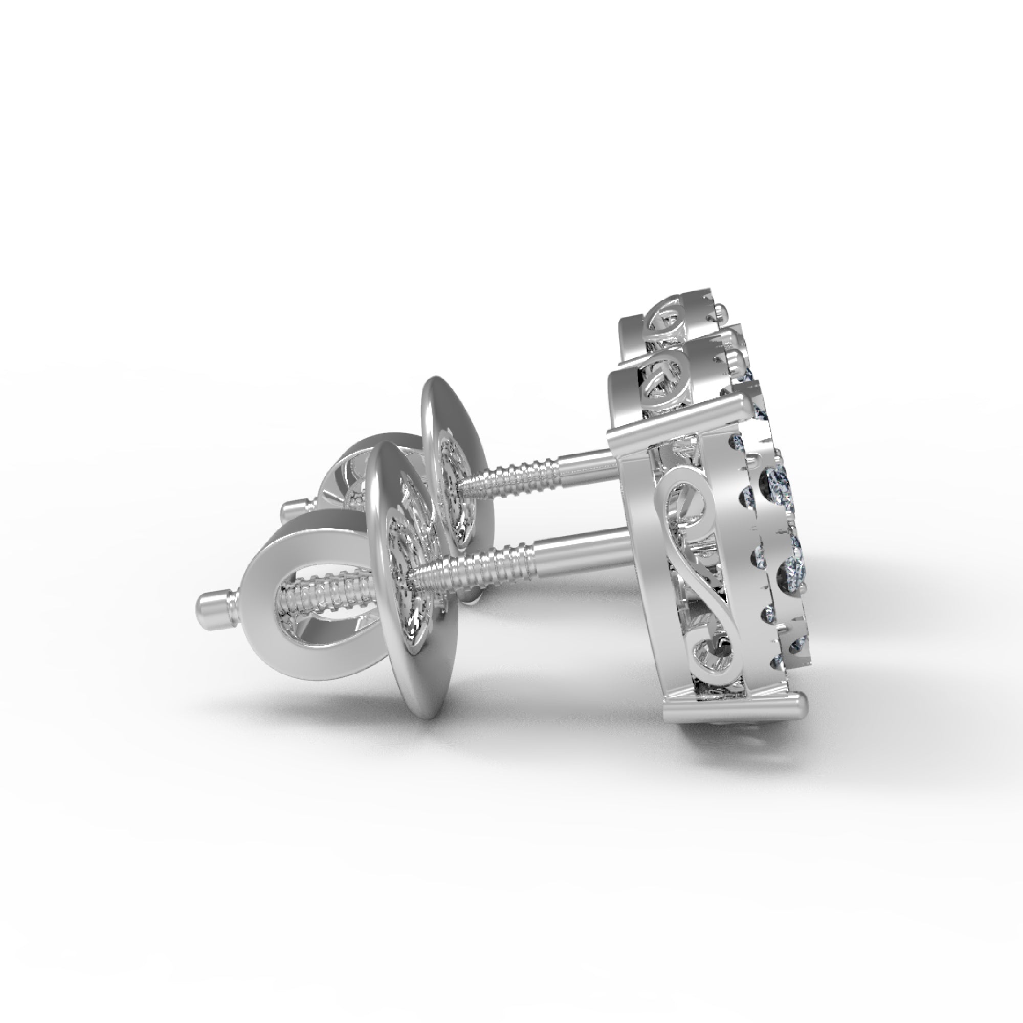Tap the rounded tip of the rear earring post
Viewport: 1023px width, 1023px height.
(x=289, y=511)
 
